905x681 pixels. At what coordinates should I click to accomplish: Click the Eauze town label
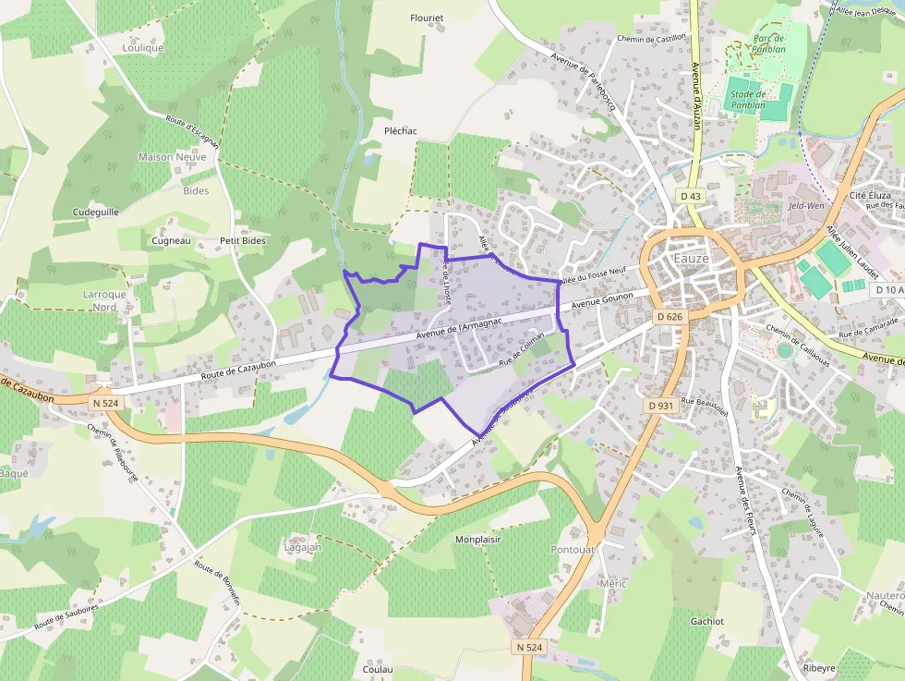(x=691, y=259)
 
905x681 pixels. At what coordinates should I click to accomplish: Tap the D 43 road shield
(x=691, y=196)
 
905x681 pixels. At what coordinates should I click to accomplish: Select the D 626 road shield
(x=670, y=317)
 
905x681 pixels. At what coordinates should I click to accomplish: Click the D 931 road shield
(x=660, y=406)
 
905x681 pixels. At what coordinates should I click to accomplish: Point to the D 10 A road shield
(x=888, y=290)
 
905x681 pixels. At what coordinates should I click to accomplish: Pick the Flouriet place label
(x=427, y=18)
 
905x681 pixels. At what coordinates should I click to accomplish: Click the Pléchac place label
(x=401, y=131)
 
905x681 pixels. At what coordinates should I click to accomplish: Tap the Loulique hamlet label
(x=142, y=48)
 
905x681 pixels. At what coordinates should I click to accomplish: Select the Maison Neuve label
(x=173, y=157)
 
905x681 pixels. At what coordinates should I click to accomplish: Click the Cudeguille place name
(x=95, y=212)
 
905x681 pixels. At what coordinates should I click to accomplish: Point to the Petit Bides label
(x=243, y=241)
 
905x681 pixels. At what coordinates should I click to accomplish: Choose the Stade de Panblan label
(x=749, y=100)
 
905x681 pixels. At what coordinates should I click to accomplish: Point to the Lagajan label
(x=303, y=547)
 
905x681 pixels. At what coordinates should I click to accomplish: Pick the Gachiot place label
(x=707, y=622)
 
